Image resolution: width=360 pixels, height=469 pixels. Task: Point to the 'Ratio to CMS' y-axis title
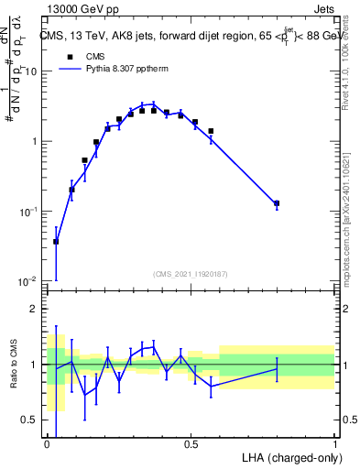[x=15, y=365]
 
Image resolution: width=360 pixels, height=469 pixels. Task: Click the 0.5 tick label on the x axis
[x=191, y=444]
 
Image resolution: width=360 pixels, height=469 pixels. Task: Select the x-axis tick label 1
[x=334, y=444]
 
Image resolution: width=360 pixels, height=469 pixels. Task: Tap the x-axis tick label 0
[x=47, y=444]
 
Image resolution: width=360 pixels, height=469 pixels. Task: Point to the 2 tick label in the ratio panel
[x=35, y=309]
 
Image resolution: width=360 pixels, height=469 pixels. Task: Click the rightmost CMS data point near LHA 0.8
[x=277, y=203]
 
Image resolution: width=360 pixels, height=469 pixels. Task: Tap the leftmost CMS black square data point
[x=56, y=242]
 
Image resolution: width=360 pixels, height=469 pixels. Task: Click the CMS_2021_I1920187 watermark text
[x=191, y=274]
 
